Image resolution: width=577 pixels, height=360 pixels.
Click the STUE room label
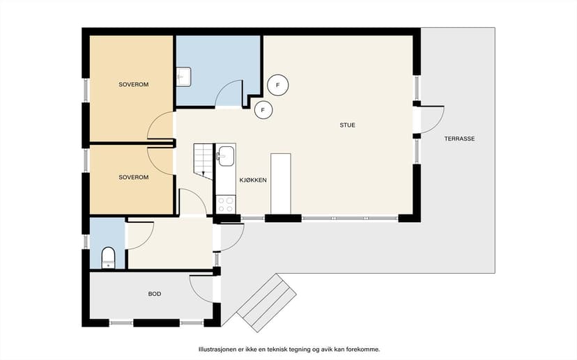pos(347,125)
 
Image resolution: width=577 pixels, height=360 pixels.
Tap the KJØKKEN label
pos(253,180)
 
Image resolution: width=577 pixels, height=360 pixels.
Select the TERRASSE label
pos(459,139)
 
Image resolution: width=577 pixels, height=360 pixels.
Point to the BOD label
pos(155,294)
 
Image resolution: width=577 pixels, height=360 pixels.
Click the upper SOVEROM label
pos(134,84)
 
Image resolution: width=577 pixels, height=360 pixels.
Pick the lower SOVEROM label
pos(134,178)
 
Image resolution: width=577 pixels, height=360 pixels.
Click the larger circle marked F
pos(278,86)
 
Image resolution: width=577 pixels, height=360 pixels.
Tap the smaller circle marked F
pos(263,110)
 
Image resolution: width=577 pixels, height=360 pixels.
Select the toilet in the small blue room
pos(108,258)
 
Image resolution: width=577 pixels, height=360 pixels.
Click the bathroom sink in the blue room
pos(184,77)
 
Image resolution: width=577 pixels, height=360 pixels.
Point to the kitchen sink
pos(226,156)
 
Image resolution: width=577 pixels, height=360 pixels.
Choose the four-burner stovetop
pos(226,205)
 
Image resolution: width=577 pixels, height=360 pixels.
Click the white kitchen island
pos(281,183)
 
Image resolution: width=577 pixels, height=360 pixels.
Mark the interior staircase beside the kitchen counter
pos(203,162)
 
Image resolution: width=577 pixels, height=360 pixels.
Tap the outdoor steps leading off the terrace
pos(266,303)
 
